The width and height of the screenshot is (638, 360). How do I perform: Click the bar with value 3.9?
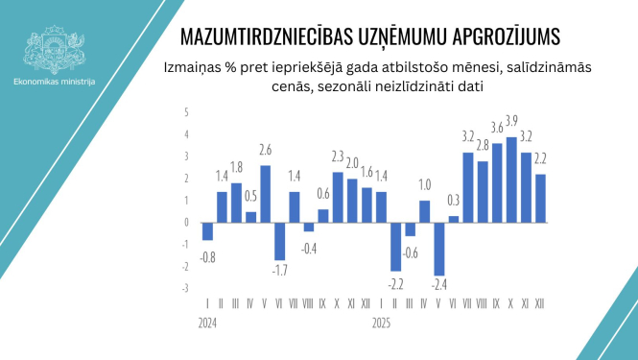click(x=512, y=180)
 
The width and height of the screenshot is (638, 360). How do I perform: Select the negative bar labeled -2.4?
click(x=440, y=249)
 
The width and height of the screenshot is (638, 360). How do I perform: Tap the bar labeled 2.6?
click(x=265, y=193)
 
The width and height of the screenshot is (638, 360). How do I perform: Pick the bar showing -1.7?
click(x=280, y=240)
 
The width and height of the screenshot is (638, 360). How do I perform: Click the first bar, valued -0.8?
click(x=207, y=230)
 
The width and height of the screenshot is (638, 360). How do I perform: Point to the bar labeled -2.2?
click(x=395, y=246)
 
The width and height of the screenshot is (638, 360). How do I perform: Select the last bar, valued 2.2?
click(x=541, y=198)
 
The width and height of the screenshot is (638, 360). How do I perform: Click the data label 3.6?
click(x=497, y=127)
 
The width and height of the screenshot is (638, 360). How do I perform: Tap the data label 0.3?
click(x=454, y=200)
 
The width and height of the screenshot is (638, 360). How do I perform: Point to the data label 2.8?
click(x=483, y=145)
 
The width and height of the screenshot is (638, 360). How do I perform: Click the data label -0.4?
click(x=309, y=248)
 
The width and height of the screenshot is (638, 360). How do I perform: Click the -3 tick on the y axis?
click(x=186, y=288)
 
